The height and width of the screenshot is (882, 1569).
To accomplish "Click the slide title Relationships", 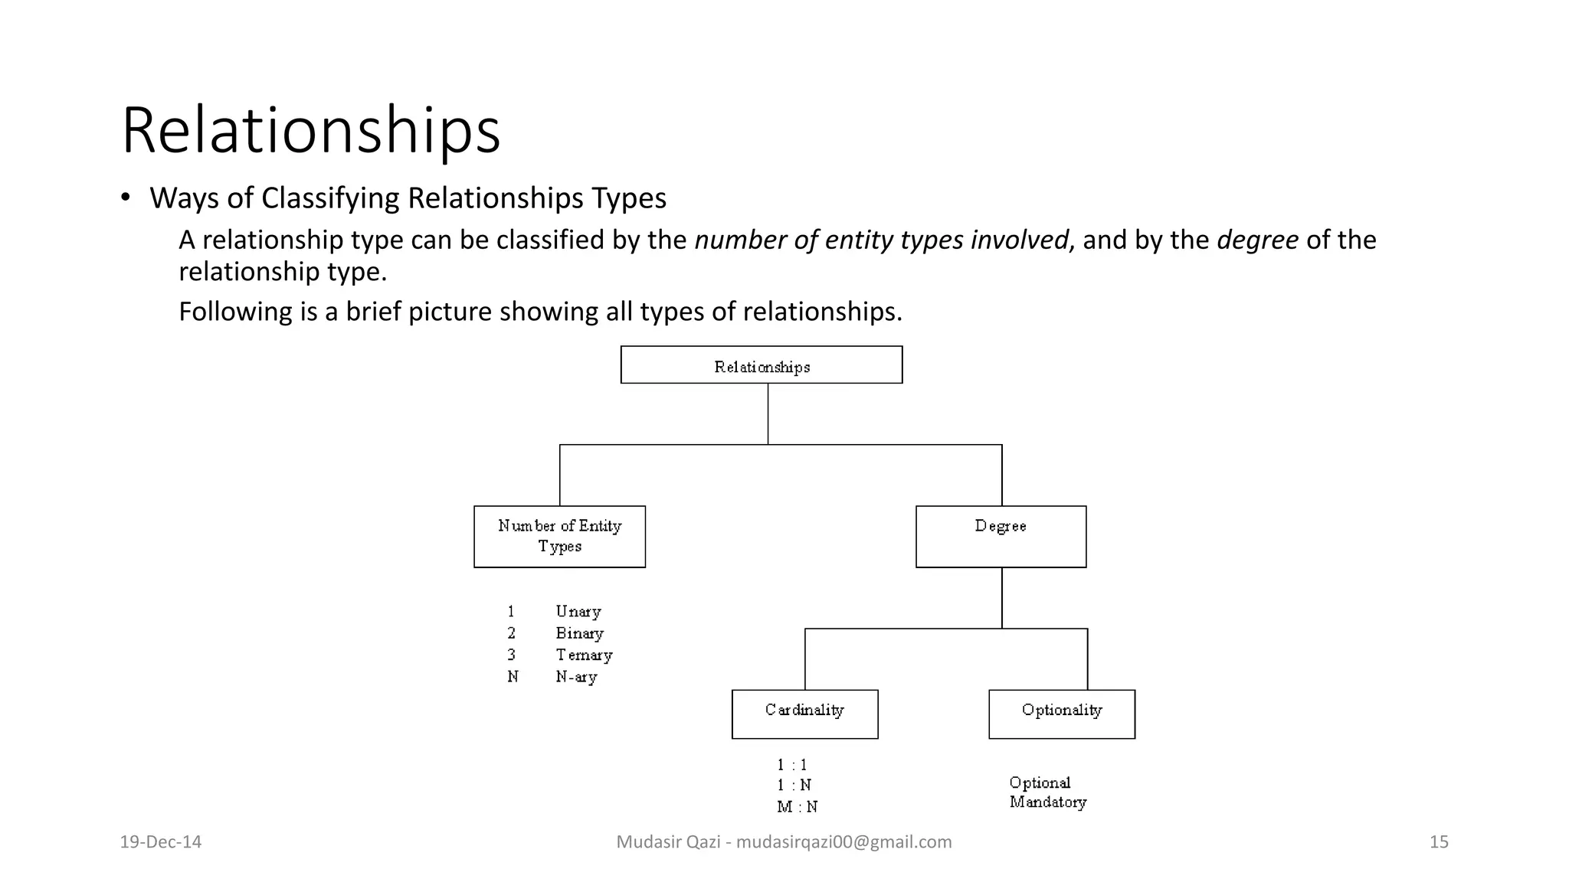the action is [310, 130].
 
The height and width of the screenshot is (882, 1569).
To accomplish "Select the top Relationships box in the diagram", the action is [761, 365].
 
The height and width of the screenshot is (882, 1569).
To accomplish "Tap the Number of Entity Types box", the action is [559, 536].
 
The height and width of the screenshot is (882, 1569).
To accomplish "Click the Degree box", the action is [1001, 536].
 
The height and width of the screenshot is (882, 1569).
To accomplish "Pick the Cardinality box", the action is [804, 714].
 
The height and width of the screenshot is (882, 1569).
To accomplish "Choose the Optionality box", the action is [1061, 714].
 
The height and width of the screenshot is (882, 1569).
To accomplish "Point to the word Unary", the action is [578, 612].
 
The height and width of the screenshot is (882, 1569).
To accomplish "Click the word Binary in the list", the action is [579, 633].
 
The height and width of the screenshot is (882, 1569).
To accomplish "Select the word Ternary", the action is [584, 655].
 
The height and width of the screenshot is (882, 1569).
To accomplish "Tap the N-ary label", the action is [576, 677].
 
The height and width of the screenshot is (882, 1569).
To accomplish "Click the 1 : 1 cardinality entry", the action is [792, 765].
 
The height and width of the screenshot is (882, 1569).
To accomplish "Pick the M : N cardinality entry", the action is [797, 807].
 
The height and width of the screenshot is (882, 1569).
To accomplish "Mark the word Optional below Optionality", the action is [1040, 782].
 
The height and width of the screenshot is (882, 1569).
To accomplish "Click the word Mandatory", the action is [1047, 802].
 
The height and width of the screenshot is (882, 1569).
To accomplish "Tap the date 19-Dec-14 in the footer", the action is [161, 842].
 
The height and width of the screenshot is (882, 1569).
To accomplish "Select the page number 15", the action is [1439, 842].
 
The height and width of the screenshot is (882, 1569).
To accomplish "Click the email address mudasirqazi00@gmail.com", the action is [843, 842].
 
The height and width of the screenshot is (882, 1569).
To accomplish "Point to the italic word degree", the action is [1257, 240].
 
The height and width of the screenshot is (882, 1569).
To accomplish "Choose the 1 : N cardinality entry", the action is [794, 786].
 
